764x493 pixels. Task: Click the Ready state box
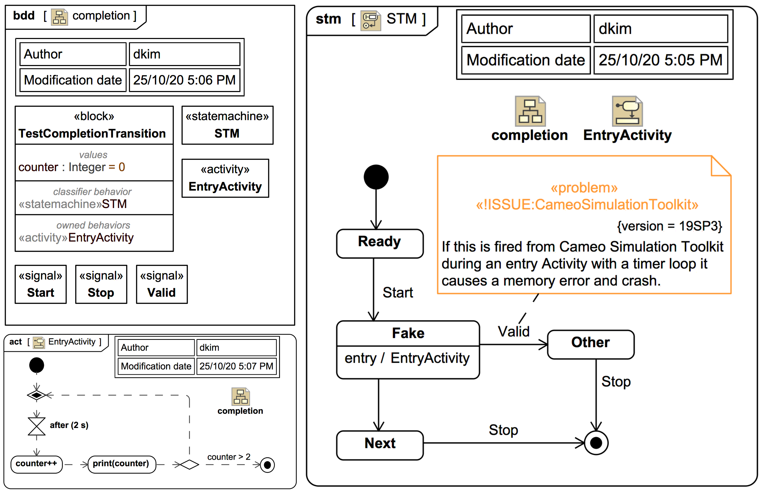380,243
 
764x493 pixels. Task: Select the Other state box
591,344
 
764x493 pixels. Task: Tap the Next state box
380,445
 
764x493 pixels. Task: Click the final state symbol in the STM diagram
596,443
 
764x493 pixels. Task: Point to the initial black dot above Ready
376,177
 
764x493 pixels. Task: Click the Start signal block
41,284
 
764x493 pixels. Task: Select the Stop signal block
101,284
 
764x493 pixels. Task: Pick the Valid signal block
162,284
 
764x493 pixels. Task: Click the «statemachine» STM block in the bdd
227,125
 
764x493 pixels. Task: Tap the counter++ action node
36,464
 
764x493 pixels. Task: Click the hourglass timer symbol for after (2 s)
36,426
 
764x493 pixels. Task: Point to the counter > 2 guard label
228,457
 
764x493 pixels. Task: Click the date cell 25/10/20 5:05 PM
660,60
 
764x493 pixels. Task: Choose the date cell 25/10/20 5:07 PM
236,366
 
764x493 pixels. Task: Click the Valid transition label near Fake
513,332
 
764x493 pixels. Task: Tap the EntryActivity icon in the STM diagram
627,111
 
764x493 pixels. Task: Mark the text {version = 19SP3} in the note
669,226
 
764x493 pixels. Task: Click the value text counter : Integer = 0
72,167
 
